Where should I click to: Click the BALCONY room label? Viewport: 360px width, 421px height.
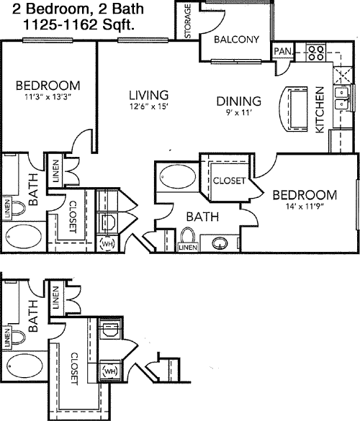[x=236, y=40]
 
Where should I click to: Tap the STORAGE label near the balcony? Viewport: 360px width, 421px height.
[x=188, y=21]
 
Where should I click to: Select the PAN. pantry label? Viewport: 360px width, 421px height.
[x=283, y=51]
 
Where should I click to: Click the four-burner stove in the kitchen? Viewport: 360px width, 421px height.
[x=316, y=53]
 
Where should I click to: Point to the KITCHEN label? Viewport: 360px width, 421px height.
[x=320, y=109]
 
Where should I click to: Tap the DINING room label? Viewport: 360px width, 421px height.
[x=239, y=101]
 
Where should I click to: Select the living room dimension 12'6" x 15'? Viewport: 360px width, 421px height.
[x=148, y=107]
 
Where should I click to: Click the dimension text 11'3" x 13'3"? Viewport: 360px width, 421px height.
[x=48, y=96]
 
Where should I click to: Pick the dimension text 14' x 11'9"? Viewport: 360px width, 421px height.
[x=304, y=207]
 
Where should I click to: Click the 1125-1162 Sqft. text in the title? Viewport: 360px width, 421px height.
[x=78, y=25]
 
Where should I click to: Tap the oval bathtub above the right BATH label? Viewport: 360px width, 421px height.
[x=178, y=177]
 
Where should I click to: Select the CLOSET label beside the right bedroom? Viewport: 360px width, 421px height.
[x=229, y=181]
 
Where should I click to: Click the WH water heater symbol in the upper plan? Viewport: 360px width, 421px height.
[x=107, y=243]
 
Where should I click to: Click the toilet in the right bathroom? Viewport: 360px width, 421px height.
[x=188, y=236]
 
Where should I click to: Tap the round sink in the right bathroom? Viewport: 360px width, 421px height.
[x=220, y=243]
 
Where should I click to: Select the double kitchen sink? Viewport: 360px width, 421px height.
[x=341, y=99]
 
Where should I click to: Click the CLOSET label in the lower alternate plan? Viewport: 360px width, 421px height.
[x=73, y=368]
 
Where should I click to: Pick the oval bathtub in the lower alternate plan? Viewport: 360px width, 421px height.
[x=25, y=366]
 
